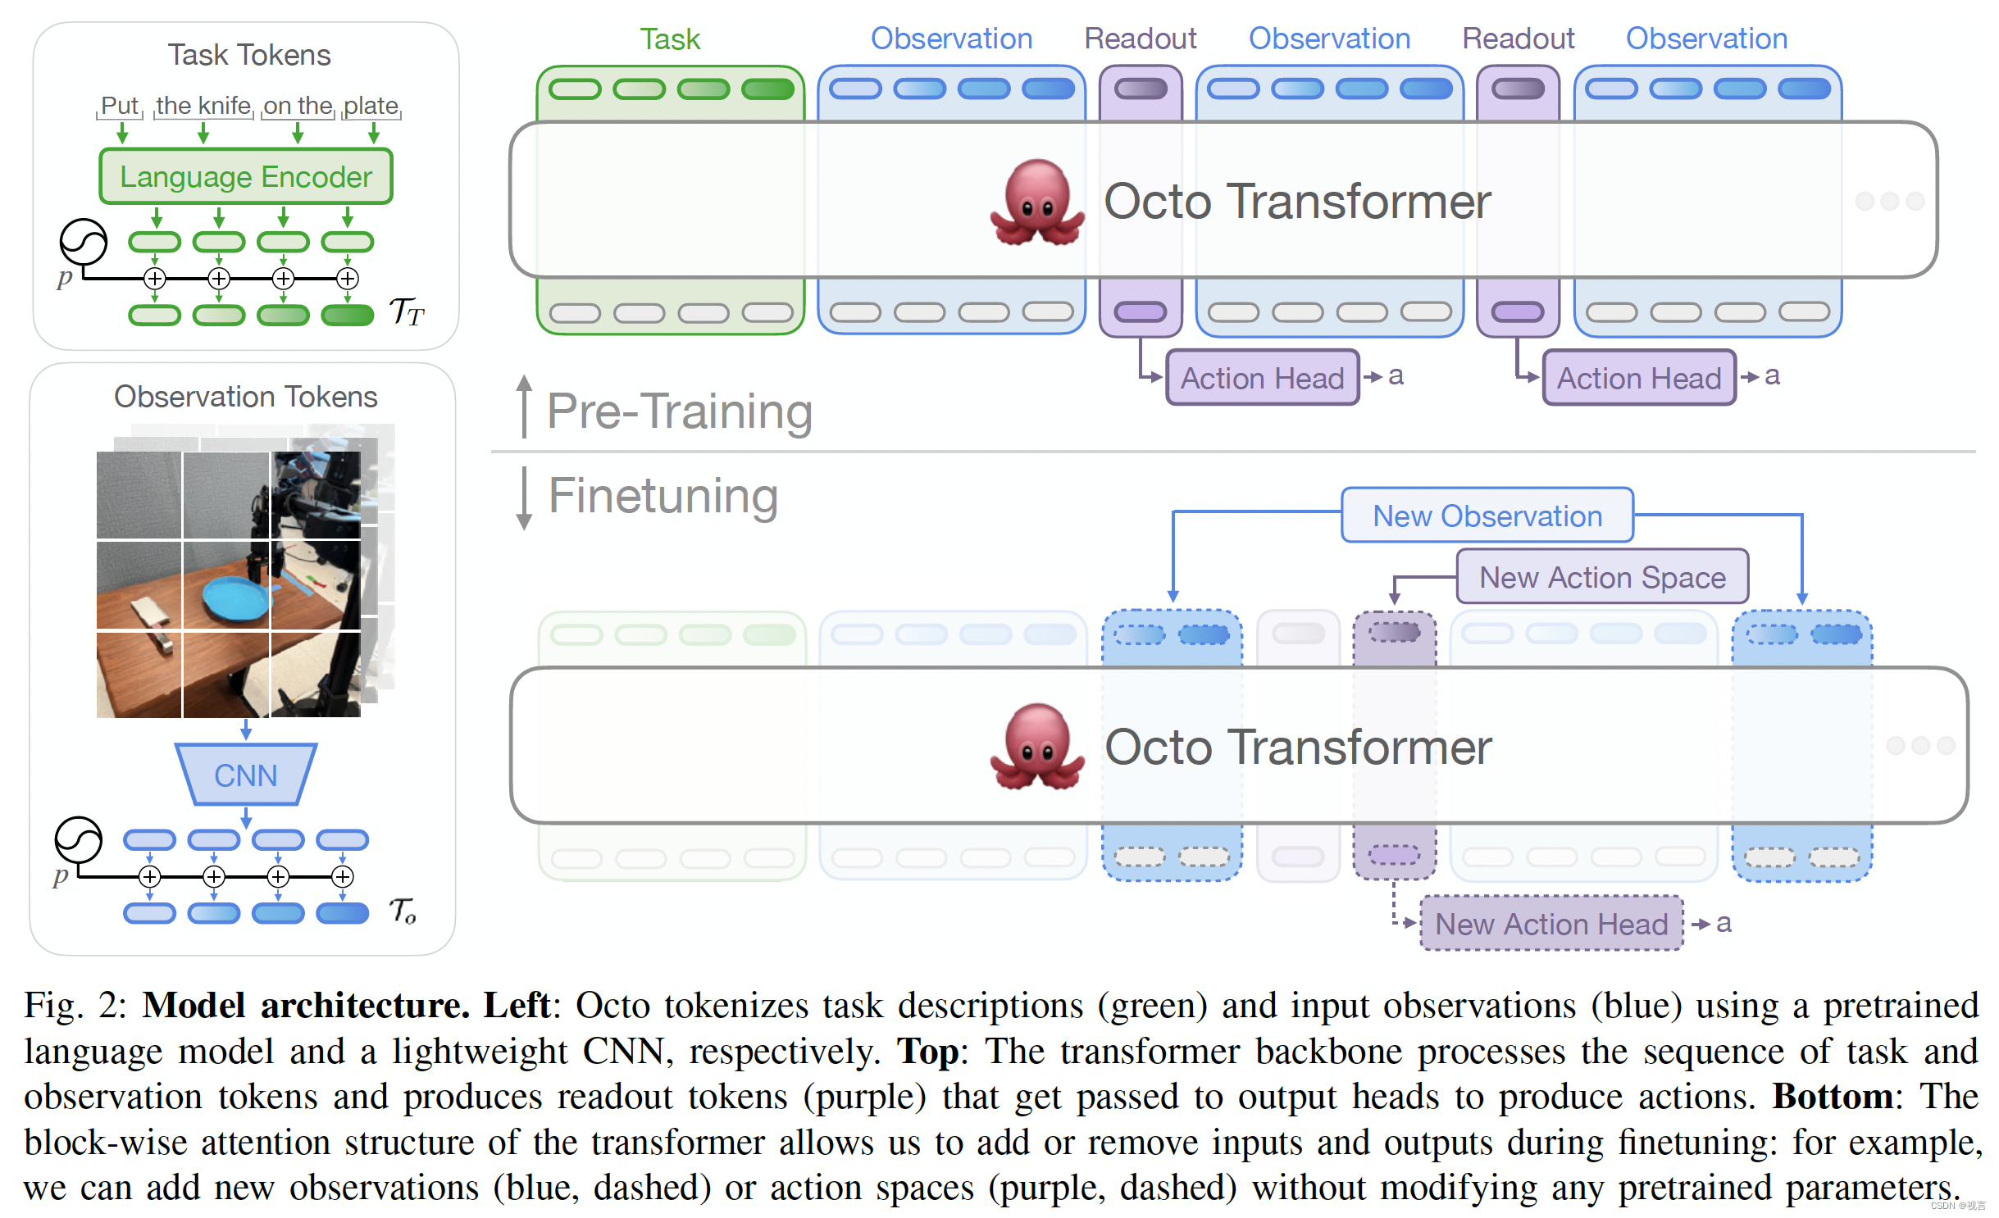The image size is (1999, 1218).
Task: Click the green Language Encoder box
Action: (x=245, y=176)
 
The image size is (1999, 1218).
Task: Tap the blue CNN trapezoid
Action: (x=245, y=775)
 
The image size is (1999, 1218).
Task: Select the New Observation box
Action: (x=1487, y=516)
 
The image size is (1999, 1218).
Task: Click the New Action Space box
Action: (x=1601, y=577)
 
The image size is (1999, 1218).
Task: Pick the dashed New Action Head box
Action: (x=1550, y=924)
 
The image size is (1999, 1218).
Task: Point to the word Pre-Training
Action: (x=679, y=411)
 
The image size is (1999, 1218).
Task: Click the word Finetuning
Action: (x=663, y=496)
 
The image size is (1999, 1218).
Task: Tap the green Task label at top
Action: (x=670, y=39)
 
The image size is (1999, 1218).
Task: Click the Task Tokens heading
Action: (x=249, y=55)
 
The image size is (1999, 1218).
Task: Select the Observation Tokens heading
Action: (x=245, y=397)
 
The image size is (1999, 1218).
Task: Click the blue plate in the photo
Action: (x=237, y=598)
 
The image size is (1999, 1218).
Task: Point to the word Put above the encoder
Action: (x=120, y=106)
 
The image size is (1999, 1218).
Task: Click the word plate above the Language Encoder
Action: (x=371, y=106)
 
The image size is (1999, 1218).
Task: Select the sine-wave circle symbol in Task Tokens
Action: (x=83, y=242)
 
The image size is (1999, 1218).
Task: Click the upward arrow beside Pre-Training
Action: (x=524, y=405)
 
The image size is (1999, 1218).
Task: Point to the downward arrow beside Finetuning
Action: (x=524, y=498)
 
